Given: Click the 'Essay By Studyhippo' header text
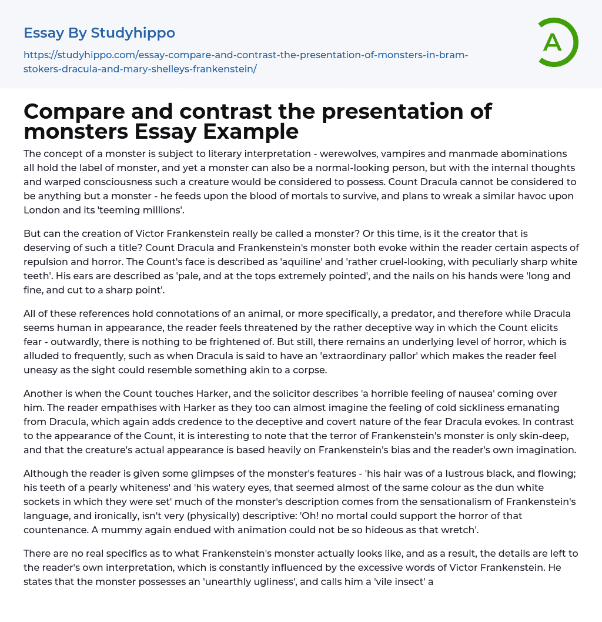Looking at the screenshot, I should [x=99, y=33].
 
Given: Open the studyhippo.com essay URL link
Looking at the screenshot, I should [x=245, y=62].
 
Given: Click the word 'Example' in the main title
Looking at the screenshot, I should [x=252, y=131].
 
